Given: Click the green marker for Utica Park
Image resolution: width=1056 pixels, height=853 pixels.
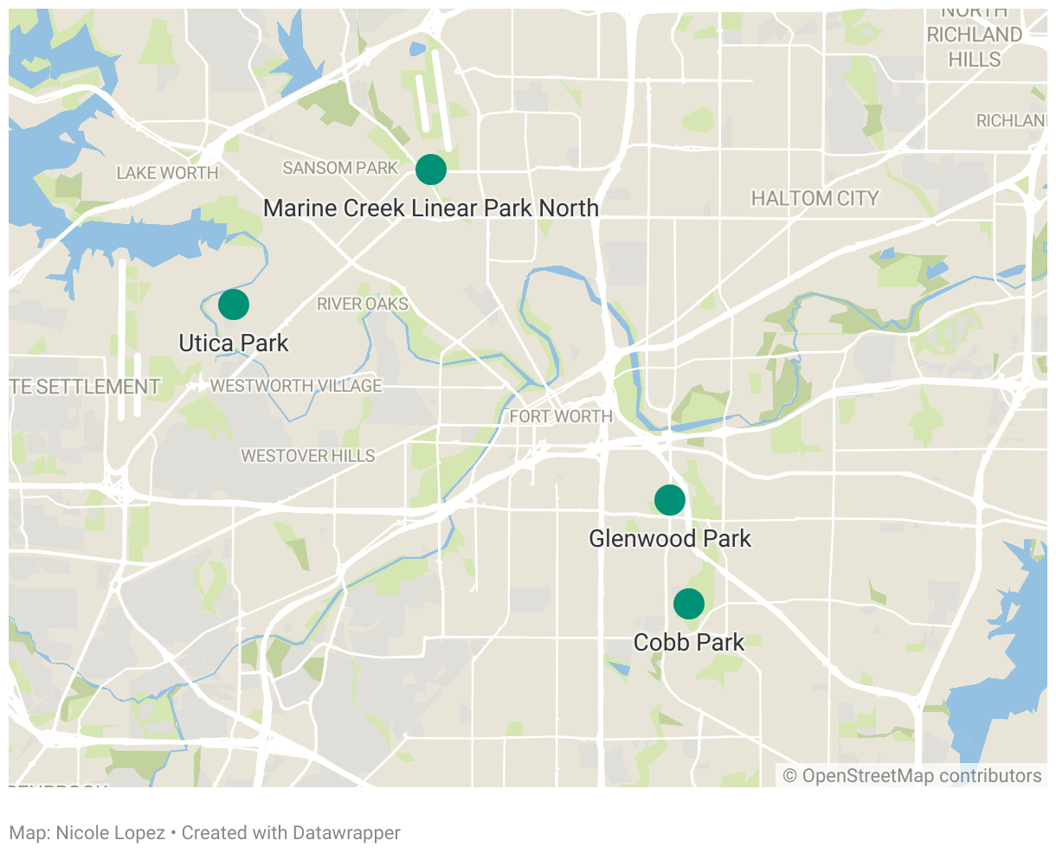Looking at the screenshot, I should pos(234,305).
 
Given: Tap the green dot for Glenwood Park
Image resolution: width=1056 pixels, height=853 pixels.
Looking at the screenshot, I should pos(670,500).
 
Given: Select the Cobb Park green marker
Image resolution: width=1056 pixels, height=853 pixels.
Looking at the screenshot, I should pos(689,604).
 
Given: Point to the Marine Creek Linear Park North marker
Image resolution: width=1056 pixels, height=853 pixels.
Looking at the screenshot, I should pos(431,170).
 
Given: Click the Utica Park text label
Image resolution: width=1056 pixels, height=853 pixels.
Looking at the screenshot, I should pos(234,343).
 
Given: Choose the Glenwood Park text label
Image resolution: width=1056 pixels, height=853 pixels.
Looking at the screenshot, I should pos(670,539).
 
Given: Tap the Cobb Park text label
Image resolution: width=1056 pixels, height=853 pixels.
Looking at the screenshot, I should pos(689,643).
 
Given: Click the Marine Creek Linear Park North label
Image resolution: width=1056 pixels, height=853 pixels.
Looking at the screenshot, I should pos(431,208).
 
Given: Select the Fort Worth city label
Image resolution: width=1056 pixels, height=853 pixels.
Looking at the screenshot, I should pos(561,416).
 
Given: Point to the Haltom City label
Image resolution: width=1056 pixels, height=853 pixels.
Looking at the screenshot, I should pos(815,199).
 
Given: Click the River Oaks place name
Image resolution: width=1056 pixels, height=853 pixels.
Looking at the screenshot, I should pos(363,305).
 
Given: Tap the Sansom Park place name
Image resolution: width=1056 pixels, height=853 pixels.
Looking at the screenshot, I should pos(340,168).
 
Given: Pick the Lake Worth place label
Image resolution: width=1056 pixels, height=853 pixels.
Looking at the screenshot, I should pos(167,173).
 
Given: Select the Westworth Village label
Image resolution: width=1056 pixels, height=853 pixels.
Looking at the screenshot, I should pos(296,386).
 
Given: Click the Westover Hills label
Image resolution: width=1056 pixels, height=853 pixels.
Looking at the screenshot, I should pos(308,456).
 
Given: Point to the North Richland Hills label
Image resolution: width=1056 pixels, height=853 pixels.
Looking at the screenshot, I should pos(975,35).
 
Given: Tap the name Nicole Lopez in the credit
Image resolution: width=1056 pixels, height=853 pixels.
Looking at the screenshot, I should pos(110,833).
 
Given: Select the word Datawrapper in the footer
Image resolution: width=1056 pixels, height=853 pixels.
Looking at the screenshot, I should pos(346,833).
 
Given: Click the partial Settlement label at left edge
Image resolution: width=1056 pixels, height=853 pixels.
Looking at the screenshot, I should pos(85,387).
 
